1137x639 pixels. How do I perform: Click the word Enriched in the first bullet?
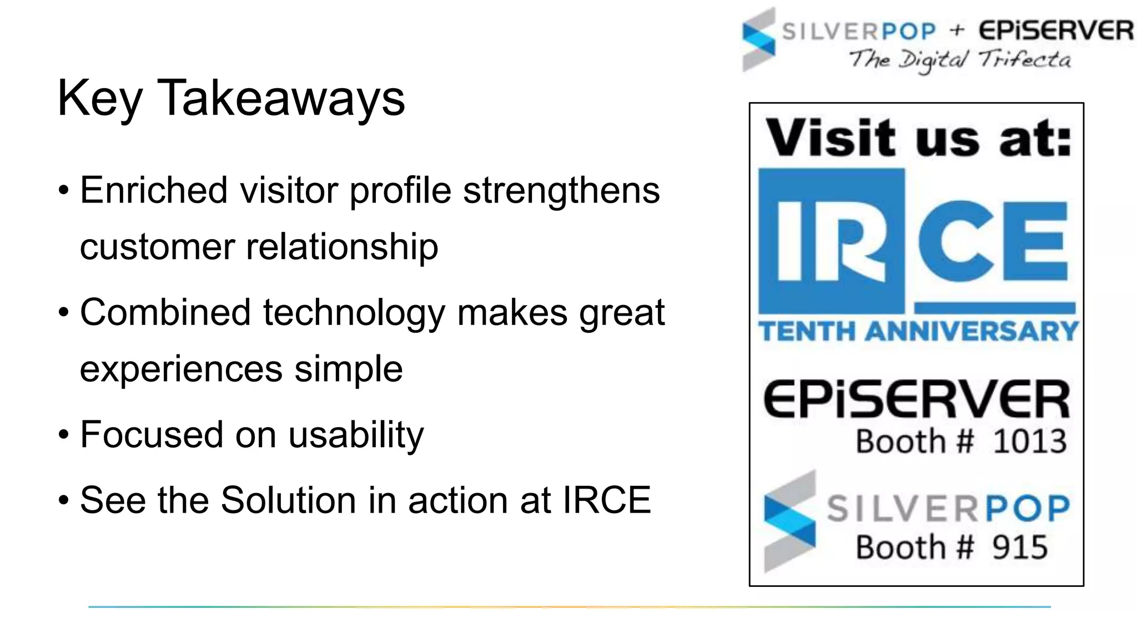coord(154,190)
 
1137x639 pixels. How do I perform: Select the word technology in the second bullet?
coord(354,312)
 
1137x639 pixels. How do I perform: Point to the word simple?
coord(348,369)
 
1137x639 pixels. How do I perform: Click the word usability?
coord(356,435)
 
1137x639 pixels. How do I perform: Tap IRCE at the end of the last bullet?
coord(607,500)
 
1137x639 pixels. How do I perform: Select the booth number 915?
coord(1020,548)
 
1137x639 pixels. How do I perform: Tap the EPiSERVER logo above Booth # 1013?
coord(917,399)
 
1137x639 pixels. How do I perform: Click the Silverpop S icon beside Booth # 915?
coord(789,521)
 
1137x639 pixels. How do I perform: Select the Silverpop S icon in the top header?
coord(758,40)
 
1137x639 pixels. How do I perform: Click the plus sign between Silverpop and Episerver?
coord(957,30)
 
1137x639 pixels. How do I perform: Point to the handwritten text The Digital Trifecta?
coord(960,60)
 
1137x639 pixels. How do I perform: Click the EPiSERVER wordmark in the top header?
coord(1055,31)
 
